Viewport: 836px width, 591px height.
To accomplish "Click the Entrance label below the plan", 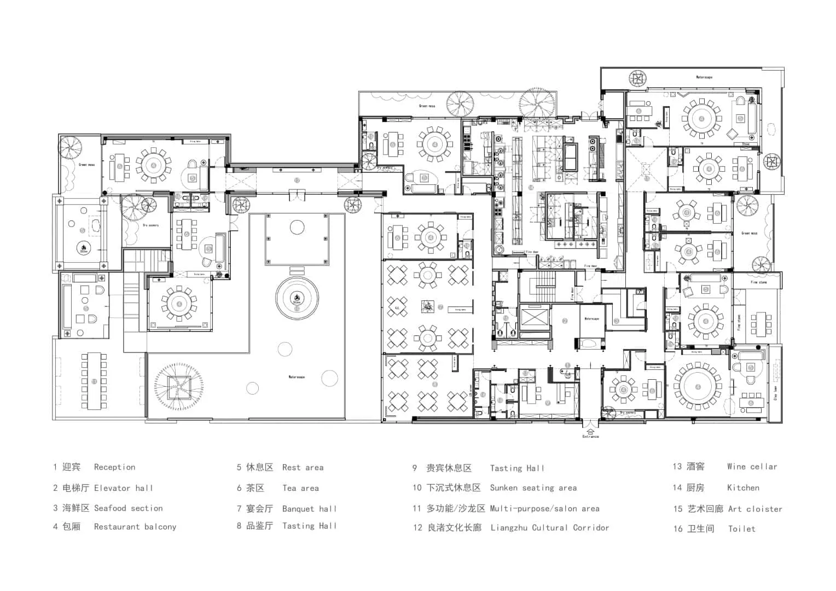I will [590, 436].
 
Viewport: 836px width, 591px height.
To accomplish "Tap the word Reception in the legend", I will [114, 467].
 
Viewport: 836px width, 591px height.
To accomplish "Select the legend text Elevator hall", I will [124, 488].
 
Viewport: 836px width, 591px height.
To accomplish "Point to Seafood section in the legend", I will [129, 508].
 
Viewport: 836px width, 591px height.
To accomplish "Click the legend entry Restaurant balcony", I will [135, 527].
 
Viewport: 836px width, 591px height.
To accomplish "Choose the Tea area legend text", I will [300, 488].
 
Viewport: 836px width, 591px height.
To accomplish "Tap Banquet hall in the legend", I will [309, 509].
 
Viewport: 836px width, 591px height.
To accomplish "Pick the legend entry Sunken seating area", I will [533, 488].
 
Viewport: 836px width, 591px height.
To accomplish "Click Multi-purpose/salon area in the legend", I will [545, 508].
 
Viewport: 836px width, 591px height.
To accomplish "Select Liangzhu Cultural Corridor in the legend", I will [550, 528].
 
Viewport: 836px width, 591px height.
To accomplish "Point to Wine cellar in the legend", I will [752, 467].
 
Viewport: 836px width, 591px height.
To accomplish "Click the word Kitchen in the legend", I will [743, 488].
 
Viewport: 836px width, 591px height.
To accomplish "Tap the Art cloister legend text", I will [755, 509].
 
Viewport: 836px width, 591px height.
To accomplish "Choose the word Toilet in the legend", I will [741, 529].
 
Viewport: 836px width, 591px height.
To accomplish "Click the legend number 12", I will [417, 528].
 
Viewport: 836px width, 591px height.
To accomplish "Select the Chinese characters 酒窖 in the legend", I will [695, 467].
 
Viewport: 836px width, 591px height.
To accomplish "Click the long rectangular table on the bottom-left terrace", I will [94, 381].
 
